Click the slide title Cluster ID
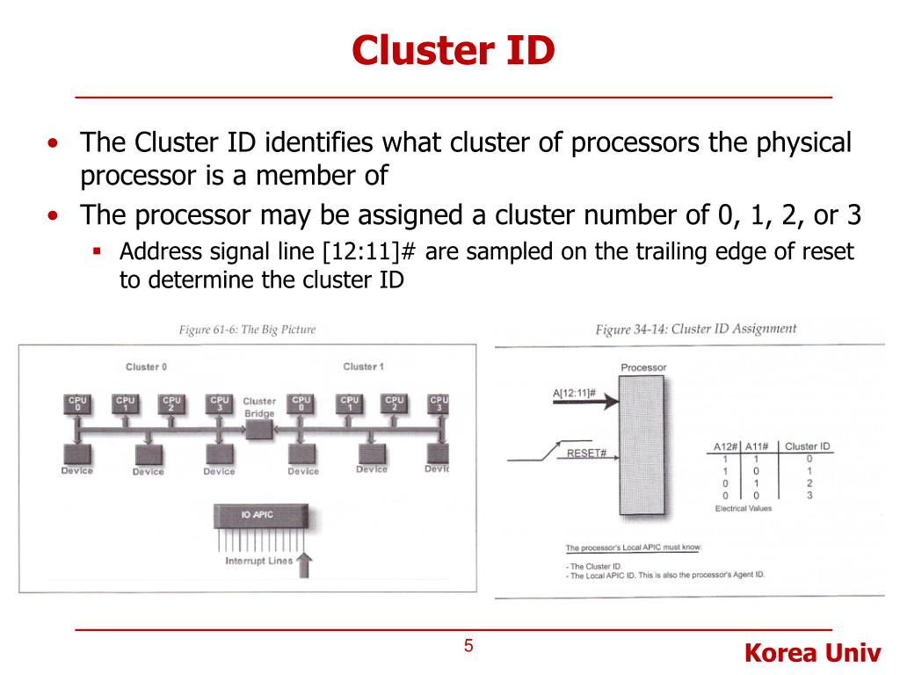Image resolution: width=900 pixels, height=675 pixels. [x=454, y=50]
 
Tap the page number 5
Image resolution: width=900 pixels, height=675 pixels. [x=468, y=647]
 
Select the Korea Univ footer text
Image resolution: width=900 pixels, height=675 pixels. [x=811, y=653]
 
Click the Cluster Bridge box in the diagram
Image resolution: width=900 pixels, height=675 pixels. [x=259, y=428]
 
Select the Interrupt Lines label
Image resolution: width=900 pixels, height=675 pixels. [x=258, y=561]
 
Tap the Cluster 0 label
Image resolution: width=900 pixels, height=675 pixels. [x=146, y=367]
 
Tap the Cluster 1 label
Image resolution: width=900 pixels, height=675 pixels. [x=363, y=367]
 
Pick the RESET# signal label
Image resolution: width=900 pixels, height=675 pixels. [x=587, y=454]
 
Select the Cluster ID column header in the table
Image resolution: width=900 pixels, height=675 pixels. [x=807, y=446]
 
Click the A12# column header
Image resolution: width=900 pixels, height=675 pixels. [x=726, y=446]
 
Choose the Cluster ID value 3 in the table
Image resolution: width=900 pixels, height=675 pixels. [x=809, y=496]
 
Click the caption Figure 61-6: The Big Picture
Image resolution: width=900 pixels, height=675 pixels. [x=247, y=330]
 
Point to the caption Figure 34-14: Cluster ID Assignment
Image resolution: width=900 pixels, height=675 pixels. [x=696, y=330]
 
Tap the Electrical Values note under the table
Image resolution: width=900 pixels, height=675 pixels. [x=744, y=509]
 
